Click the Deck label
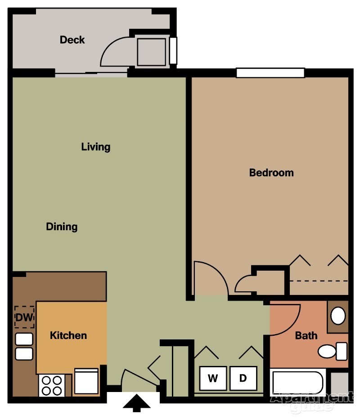click(72, 40)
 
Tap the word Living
click(96, 147)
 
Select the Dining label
click(62, 227)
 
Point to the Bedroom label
click(271, 173)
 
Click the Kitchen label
click(68, 335)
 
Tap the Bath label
click(306, 335)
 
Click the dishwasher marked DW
click(24, 317)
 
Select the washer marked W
click(213, 378)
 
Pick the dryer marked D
click(243, 378)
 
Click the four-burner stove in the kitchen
click(52, 386)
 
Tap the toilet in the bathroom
click(333, 351)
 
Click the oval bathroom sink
click(338, 316)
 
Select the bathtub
click(298, 383)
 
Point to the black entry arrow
click(137, 403)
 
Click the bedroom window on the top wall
click(270, 73)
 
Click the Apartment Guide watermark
click(312, 401)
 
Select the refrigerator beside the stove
click(86, 381)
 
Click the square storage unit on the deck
click(151, 52)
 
